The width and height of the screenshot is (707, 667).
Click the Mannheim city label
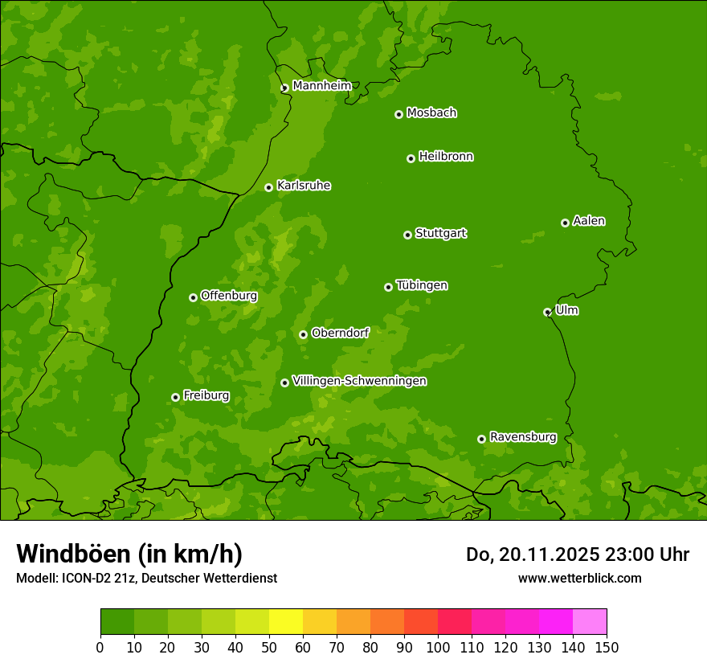321,86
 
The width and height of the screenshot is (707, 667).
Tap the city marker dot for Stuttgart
407,235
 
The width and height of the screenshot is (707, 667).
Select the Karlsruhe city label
303,186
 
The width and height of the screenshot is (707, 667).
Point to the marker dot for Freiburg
175,397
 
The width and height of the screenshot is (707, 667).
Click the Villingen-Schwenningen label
359,381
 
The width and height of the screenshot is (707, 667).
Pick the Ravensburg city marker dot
481,439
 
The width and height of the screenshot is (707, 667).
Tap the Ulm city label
566,310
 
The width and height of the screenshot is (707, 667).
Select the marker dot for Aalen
565,223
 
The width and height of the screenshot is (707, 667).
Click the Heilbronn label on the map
446,157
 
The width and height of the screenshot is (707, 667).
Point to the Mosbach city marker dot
398,114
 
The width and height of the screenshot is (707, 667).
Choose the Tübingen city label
422,285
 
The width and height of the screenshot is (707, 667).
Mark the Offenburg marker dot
193,297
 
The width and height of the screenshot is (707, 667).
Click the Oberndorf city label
340,333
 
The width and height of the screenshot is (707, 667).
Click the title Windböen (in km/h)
129,554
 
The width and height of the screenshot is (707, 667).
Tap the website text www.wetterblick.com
579,578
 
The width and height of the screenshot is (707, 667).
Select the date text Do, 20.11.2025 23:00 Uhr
577,554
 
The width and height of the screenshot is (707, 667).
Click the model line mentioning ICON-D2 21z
146,578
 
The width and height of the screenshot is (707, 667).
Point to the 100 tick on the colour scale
438,647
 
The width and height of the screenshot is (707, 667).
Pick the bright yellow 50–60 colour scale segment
286,622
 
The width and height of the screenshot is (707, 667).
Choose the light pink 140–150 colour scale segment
590,622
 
